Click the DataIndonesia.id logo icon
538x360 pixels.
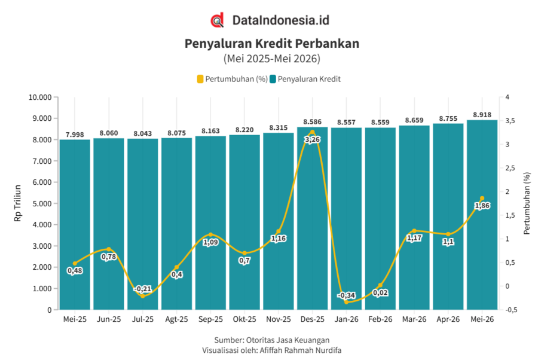(217, 20)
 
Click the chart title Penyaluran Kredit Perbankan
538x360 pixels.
(272, 44)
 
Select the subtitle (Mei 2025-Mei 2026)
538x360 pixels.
(272, 59)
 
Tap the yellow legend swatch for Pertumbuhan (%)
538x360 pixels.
(200, 79)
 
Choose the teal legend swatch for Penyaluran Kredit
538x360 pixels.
(273, 79)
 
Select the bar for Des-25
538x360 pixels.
(312, 218)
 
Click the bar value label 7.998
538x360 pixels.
(75, 135)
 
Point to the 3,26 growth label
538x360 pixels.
(312, 140)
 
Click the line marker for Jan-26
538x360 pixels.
(346, 302)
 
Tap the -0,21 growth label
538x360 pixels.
(142, 289)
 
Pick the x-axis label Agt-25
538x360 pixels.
(177, 319)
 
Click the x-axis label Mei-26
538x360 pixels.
(482, 319)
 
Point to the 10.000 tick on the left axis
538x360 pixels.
(40, 97)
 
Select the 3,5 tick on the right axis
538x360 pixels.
(509, 121)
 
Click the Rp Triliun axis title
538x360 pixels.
(18, 203)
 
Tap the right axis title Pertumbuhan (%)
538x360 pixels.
(527, 203)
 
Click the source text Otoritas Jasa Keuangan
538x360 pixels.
(288, 340)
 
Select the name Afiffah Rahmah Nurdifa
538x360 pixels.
(301, 350)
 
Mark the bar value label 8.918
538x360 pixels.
(482, 115)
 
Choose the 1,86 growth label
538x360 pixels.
(482, 206)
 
